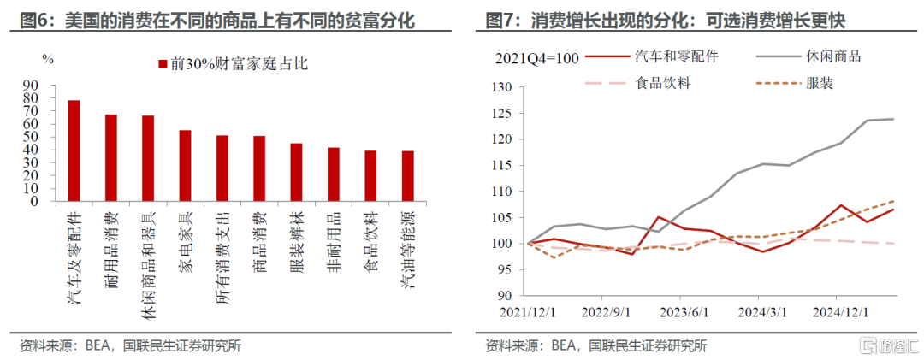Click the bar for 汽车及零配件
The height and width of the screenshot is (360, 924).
(74, 150)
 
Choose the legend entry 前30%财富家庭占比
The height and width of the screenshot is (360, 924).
(218, 64)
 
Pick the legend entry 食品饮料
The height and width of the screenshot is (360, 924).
(663, 83)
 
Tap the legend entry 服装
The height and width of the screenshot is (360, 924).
(820, 83)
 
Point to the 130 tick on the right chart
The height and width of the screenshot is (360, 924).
(498, 87)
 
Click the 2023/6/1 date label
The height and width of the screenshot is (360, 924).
(684, 311)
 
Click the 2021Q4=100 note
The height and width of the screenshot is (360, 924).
(537, 58)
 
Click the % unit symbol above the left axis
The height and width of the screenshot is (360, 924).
(48, 59)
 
